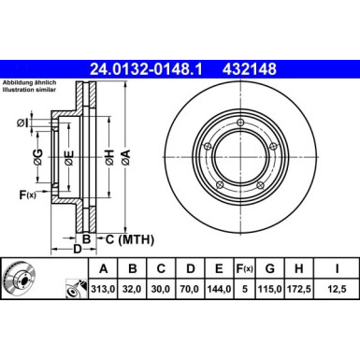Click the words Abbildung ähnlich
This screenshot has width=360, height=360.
[x=30, y=84]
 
